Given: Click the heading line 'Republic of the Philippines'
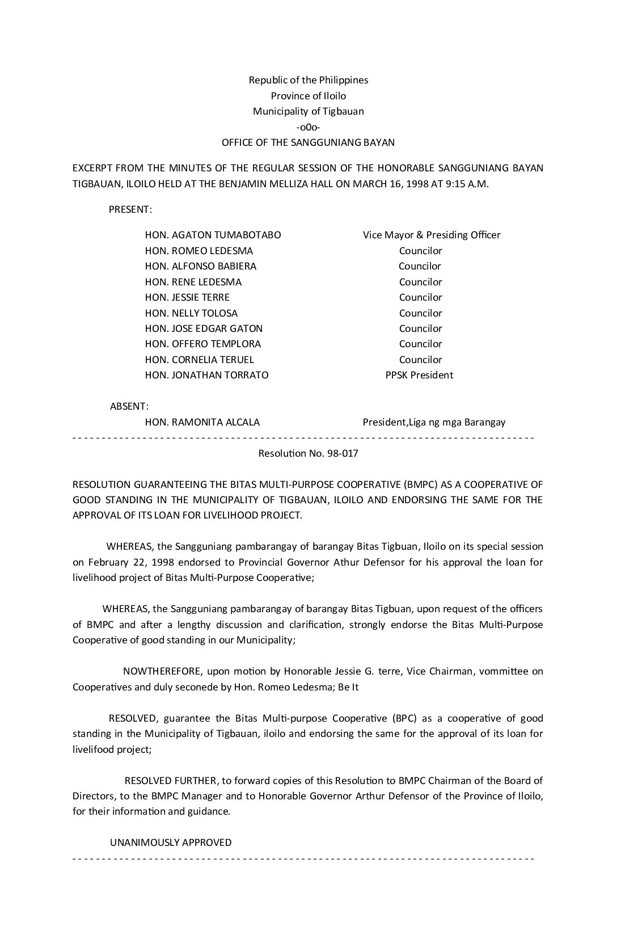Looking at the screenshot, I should coord(308,80).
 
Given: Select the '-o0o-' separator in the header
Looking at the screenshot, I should coord(308,127).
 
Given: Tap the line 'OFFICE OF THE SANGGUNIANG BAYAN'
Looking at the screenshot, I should coord(308,142).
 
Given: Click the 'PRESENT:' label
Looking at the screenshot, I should coord(130,209).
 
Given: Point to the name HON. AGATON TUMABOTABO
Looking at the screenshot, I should coord(213,235).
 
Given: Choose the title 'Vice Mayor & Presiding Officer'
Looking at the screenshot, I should coord(432,235).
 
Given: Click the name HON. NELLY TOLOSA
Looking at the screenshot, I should coord(191,313).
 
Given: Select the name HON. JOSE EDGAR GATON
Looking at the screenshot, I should coord(204,328).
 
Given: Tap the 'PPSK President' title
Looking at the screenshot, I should coord(419,375).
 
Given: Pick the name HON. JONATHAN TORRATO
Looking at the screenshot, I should coord(206,375).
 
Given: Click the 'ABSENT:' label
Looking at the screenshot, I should coord(129,406).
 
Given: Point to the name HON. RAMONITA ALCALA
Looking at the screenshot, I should coord(202,422).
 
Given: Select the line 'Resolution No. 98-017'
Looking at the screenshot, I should coord(308,453).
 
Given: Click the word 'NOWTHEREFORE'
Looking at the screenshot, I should coord(162,671).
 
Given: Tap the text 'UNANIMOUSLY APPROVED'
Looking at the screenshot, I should coord(171,842).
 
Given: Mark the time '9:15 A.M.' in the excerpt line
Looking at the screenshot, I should coord(468,184).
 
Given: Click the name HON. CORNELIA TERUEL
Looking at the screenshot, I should coord(199,360).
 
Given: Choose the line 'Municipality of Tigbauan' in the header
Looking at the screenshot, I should coord(308,111).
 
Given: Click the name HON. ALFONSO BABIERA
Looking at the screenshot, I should coord(200,266).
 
